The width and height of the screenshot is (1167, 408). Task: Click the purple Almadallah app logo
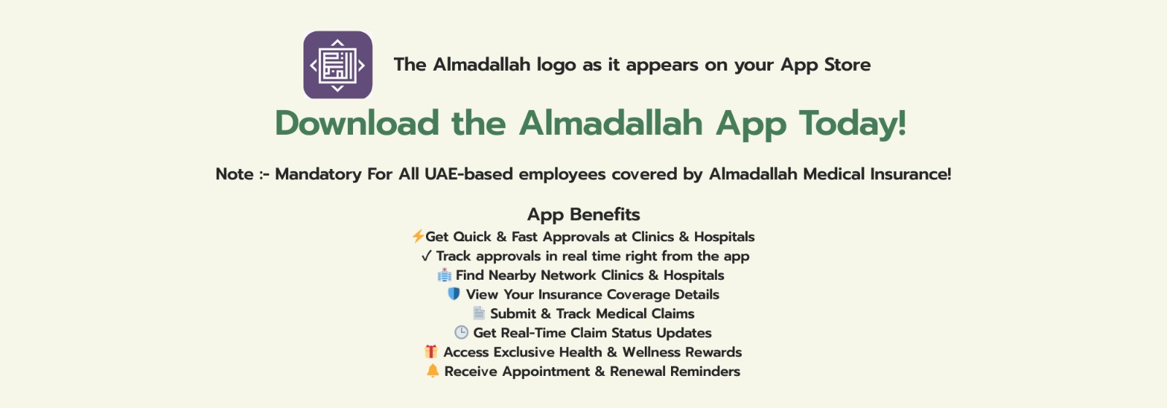coord(338,65)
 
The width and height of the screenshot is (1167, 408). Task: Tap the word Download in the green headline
coord(357,123)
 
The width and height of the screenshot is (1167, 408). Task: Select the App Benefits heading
coord(583,214)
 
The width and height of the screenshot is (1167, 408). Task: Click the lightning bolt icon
coord(417,236)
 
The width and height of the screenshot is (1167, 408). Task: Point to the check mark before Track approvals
coord(426,256)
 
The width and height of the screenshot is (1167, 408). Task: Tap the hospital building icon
coord(444,275)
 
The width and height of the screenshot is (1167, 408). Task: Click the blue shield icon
coord(454,294)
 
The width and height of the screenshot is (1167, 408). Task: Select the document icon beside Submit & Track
coord(478,313)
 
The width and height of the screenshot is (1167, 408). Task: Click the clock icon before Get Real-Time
coord(461,332)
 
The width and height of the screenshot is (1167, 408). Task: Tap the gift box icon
coord(431,352)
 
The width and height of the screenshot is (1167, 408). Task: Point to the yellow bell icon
coord(433,371)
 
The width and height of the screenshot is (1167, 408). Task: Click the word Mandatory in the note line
coord(318,174)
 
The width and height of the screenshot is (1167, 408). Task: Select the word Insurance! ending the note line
coord(910,174)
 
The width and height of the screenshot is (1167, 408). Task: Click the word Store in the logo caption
coord(847,65)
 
